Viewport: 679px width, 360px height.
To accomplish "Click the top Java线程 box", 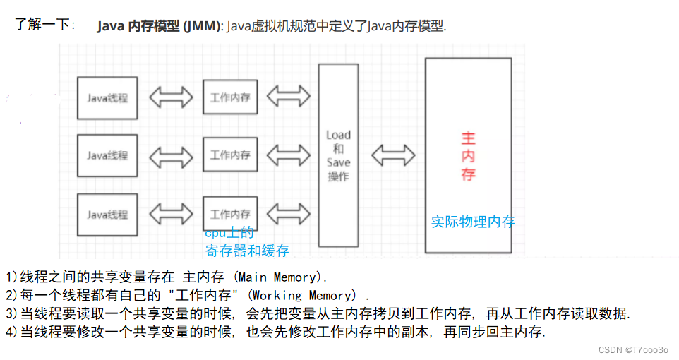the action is (107, 98).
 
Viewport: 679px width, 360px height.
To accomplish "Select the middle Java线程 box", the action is (107, 155).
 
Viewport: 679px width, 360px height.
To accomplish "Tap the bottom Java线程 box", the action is (107, 215).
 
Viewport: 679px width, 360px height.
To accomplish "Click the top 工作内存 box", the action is (230, 97).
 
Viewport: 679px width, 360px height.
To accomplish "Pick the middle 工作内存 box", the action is (230, 155).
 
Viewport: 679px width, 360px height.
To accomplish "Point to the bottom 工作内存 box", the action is (230, 214).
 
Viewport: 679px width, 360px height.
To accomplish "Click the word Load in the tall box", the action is (339, 135).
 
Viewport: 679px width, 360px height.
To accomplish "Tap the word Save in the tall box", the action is (339, 162).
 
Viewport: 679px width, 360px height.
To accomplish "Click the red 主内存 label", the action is (468, 157).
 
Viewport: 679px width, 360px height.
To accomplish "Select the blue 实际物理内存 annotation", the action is (473, 222).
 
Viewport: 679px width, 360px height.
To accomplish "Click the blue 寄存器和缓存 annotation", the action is (247, 251).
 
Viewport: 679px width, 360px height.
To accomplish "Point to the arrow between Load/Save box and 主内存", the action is (393, 155).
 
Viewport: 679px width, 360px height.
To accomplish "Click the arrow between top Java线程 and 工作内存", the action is (171, 97).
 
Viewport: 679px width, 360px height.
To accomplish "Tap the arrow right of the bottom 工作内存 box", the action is (289, 214).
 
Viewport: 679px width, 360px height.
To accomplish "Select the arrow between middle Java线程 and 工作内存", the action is (171, 157).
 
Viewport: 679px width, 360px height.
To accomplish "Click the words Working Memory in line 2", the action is (302, 296).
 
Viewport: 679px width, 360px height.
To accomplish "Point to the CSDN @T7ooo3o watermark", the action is (633, 349).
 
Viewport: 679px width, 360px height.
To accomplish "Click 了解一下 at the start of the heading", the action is (42, 24).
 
